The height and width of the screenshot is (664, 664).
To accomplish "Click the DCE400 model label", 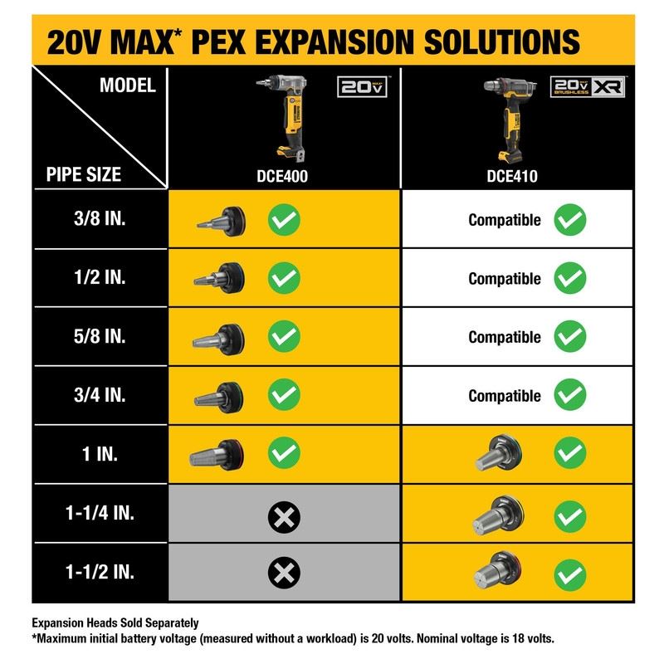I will [284, 175].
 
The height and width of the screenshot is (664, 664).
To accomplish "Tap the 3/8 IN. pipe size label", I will [99, 219].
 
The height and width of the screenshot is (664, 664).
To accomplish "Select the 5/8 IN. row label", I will [99, 336].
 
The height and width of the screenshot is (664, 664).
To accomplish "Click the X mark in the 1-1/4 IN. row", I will [284, 519].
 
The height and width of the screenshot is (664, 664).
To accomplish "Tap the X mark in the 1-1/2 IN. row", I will [284, 572].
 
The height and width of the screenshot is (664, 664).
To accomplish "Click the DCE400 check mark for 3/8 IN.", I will [284, 220].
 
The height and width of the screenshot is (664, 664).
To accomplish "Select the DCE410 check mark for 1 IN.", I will [569, 453].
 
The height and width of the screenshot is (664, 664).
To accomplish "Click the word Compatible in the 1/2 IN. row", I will [504, 279].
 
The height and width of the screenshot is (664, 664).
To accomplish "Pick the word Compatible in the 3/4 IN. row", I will [504, 396].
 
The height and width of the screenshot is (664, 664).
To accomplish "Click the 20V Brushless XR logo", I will [588, 86].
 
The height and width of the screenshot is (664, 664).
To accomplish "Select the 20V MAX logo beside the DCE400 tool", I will [363, 87].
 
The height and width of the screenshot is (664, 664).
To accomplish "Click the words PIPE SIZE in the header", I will [84, 174].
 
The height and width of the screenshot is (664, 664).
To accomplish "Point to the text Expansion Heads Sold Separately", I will [115, 622].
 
